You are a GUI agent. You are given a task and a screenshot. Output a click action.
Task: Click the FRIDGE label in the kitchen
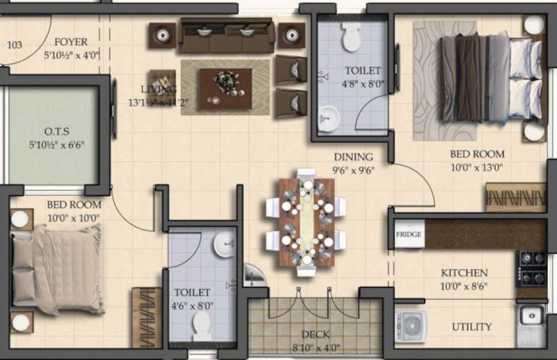pos(408,235)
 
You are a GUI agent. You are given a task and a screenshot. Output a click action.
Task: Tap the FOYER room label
pos(70,42)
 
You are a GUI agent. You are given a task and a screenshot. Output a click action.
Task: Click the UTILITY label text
pos(472,327)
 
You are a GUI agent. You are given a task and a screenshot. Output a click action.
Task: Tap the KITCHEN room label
pos(464,273)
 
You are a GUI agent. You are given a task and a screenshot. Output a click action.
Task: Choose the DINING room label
pos(353,156)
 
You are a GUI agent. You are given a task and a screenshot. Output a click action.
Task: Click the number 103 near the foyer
pos(14,45)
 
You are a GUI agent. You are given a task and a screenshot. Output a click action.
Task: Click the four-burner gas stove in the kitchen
pos(532,267)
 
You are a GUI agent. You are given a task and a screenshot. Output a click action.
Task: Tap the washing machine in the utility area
pos(410,326)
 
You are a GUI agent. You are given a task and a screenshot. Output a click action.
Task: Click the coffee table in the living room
pos(225,89)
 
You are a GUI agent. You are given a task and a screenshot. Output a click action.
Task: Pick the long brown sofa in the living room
pos(226,36)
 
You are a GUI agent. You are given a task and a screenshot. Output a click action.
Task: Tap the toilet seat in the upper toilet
pos(352,38)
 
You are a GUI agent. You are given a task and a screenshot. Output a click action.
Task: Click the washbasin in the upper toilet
pos(328,116)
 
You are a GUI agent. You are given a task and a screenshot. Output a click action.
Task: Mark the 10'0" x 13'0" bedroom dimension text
pos(476,166)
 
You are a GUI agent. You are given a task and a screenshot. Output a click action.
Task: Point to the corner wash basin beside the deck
pos(253,276)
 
